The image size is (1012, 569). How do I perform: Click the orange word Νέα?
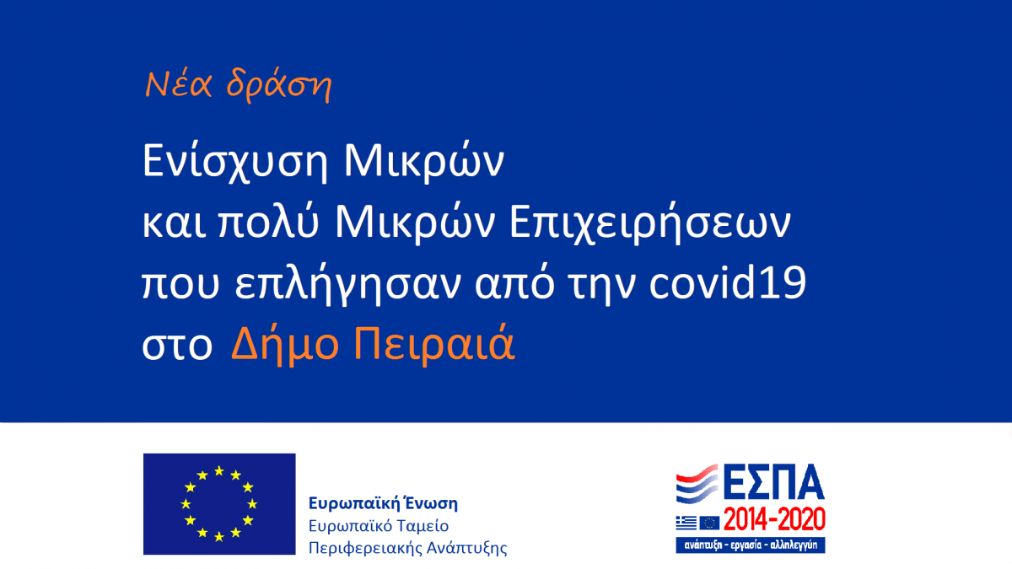[179, 84]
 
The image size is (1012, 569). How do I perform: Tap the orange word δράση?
[279, 86]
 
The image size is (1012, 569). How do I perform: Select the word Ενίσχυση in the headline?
[235, 163]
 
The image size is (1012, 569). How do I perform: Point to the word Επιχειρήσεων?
[650, 224]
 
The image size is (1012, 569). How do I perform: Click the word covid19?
[727, 282]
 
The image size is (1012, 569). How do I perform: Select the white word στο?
[177, 346]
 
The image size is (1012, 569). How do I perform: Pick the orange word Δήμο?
[285, 344]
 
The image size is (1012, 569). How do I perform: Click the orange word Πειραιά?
[434, 344]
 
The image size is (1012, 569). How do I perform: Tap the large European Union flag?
[219, 504]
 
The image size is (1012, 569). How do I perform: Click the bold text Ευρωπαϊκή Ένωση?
[383, 503]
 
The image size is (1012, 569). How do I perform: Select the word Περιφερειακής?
[364, 549]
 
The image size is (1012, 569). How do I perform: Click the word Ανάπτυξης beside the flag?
[466, 549]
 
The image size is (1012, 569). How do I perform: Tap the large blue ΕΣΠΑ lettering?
[774, 481]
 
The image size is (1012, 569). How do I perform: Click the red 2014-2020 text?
[774, 519]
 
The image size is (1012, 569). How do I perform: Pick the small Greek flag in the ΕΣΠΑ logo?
[686, 523]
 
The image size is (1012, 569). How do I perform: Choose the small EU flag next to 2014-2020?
[709, 523]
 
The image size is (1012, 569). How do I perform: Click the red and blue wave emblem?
[697, 484]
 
